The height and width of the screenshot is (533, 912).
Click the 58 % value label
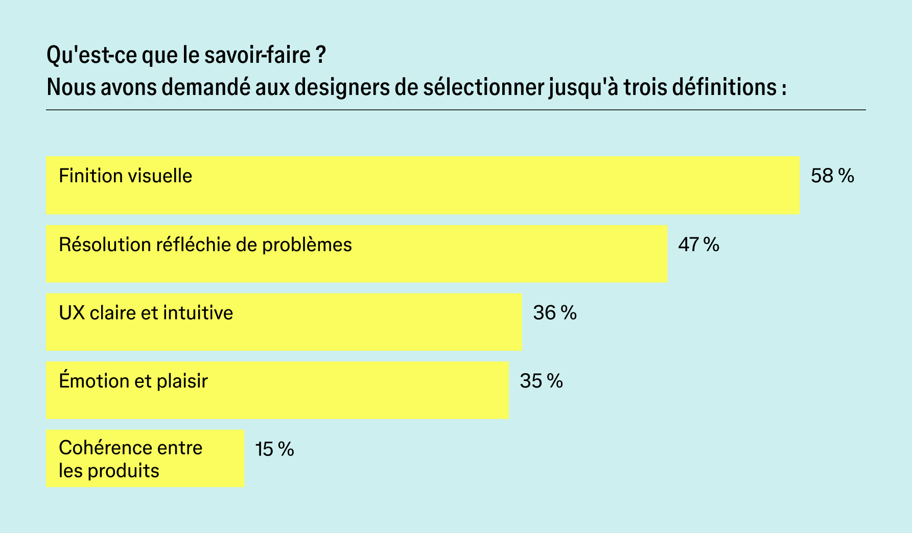(x=832, y=176)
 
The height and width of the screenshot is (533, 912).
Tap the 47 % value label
(x=698, y=245)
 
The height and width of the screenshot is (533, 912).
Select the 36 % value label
(x=554, y=313)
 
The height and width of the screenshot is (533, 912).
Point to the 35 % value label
(x=541, y=381)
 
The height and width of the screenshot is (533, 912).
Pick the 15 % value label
(x=274, y=450)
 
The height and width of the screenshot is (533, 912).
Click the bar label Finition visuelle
(x=125, y=176)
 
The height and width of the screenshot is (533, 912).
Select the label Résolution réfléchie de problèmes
(x=205, y=245)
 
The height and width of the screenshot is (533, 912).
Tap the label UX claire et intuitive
(x=146, y=313)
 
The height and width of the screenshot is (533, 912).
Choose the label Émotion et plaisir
(x=133, y=381)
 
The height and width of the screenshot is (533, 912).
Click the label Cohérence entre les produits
(x=130, y=459)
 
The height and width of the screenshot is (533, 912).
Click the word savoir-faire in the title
(x=258, y=55)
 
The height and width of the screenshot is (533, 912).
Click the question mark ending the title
(x=320, y=55)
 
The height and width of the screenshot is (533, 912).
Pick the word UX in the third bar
(x=72, y=313)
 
